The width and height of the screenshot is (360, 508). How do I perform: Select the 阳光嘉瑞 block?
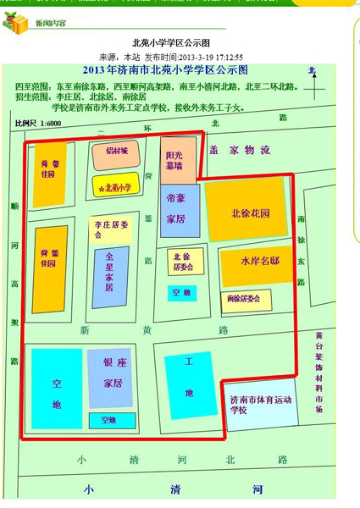click(178, 160)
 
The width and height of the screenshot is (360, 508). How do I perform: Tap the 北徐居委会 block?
click(184, 262)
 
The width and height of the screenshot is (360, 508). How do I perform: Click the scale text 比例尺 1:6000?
click(39, 124)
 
